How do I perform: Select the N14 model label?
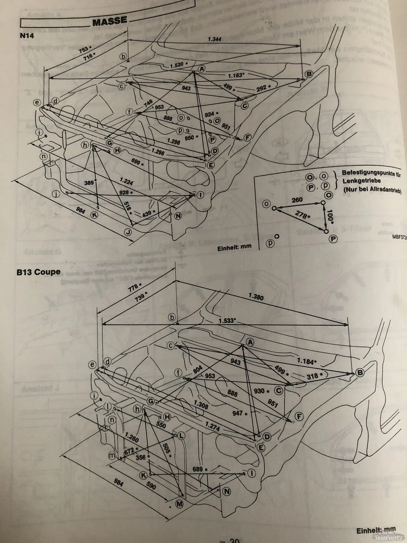pyautogui.click(x=27, y=36)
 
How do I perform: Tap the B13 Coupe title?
pyautogui.click(x=38, y=272)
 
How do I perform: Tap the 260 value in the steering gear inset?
pyautogui.click(x=297, y=200)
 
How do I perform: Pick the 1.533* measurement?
pyautogui.click(x=227, y=320)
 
